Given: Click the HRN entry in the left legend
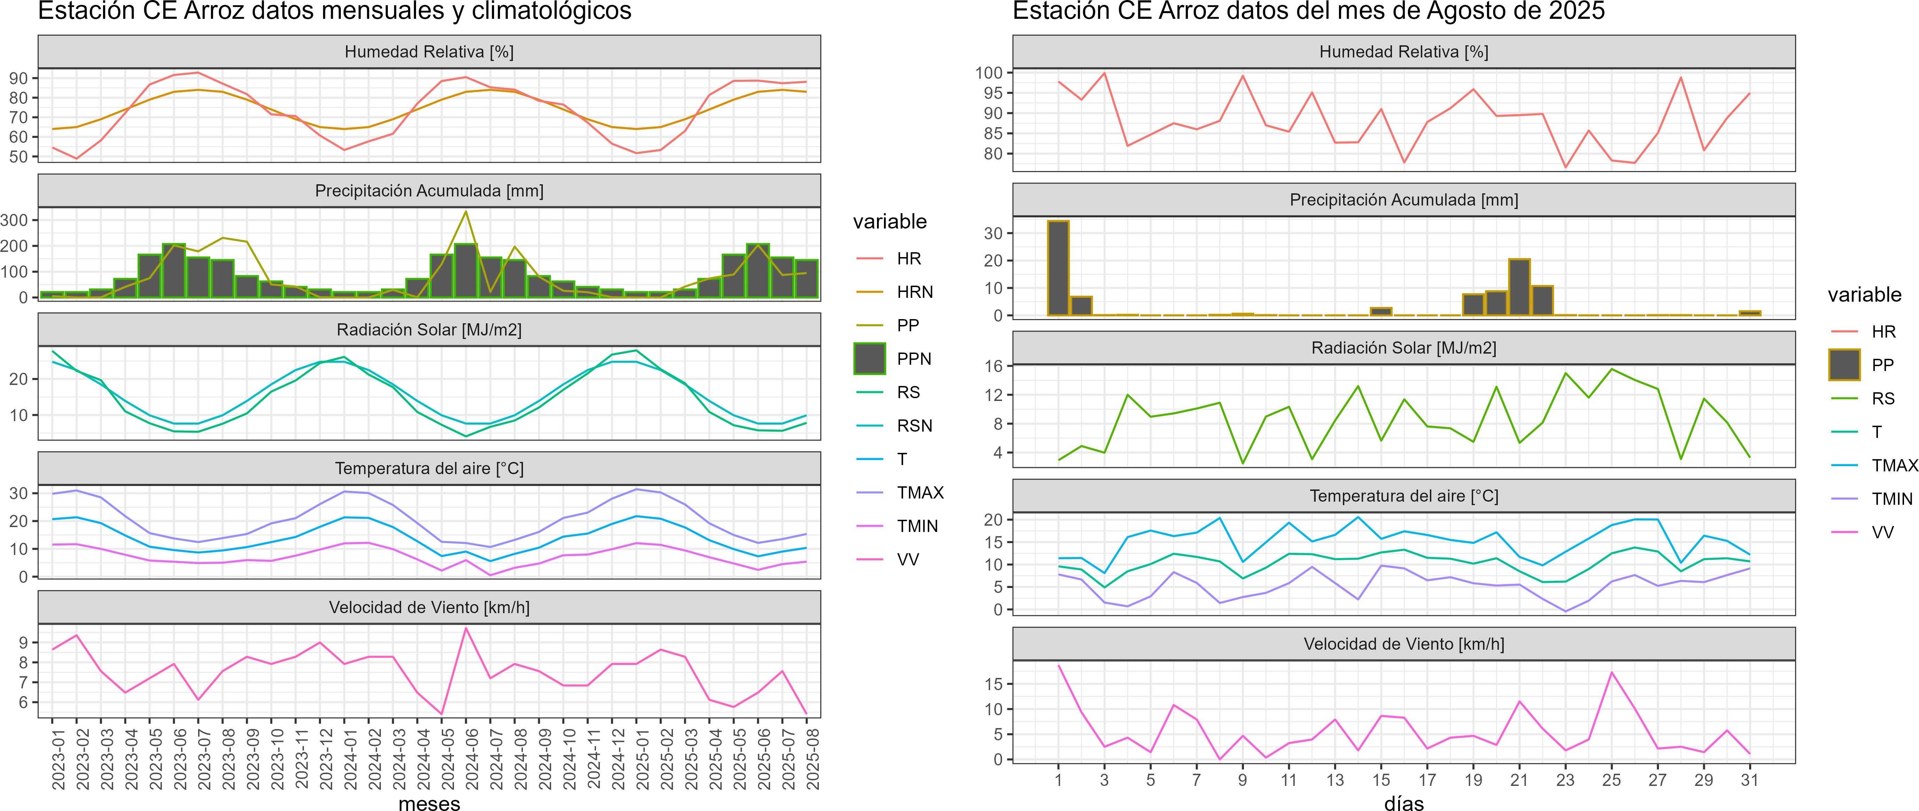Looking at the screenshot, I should pos(914,292).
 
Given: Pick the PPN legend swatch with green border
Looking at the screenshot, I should pos(869,358).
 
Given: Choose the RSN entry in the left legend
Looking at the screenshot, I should pos(914,426).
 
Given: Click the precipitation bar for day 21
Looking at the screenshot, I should pos(1519,287).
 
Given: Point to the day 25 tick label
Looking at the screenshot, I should pos(1611,780).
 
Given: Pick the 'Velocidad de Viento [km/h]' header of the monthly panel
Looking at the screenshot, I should pos(429,608).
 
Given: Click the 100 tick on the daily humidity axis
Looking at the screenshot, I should pos(988,73).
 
